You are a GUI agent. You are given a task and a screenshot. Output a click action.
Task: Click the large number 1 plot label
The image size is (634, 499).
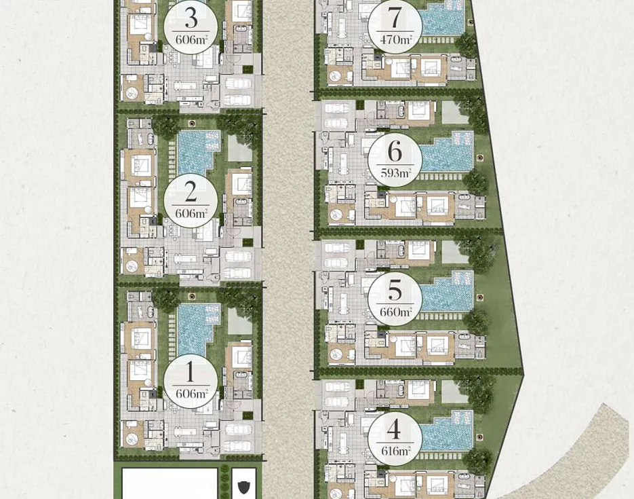(190, 373)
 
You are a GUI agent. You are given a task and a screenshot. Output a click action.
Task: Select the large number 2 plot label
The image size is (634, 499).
(191, 192)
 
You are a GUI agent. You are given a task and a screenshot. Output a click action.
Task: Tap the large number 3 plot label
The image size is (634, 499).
(191, 18)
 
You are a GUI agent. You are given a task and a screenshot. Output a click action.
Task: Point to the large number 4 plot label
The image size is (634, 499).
(394, 429)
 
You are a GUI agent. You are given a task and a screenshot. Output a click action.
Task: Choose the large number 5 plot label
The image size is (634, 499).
(395, 290)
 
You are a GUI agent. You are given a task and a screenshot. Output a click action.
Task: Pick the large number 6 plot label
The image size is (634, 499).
(395, 151)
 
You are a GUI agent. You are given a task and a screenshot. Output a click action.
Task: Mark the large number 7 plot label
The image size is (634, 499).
(395, 18)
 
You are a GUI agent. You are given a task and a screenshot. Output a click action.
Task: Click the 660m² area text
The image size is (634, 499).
(395, 312)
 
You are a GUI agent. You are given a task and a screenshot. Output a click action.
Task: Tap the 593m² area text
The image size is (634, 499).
(395, 173)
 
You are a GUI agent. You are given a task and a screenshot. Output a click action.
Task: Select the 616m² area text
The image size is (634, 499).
(395, 451)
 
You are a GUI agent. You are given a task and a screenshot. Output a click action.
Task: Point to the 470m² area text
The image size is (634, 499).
(396, 39)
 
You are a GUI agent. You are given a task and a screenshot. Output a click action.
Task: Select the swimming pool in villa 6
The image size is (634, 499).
(447, 153)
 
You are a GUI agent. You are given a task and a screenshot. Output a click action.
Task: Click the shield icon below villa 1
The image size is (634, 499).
(244, 487)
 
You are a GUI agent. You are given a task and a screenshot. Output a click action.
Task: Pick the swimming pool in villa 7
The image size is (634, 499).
(441, 18)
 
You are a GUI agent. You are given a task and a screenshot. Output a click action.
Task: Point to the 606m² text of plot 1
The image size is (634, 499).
(192, 394)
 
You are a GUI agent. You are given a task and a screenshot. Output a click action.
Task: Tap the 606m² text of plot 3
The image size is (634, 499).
(192, 39)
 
